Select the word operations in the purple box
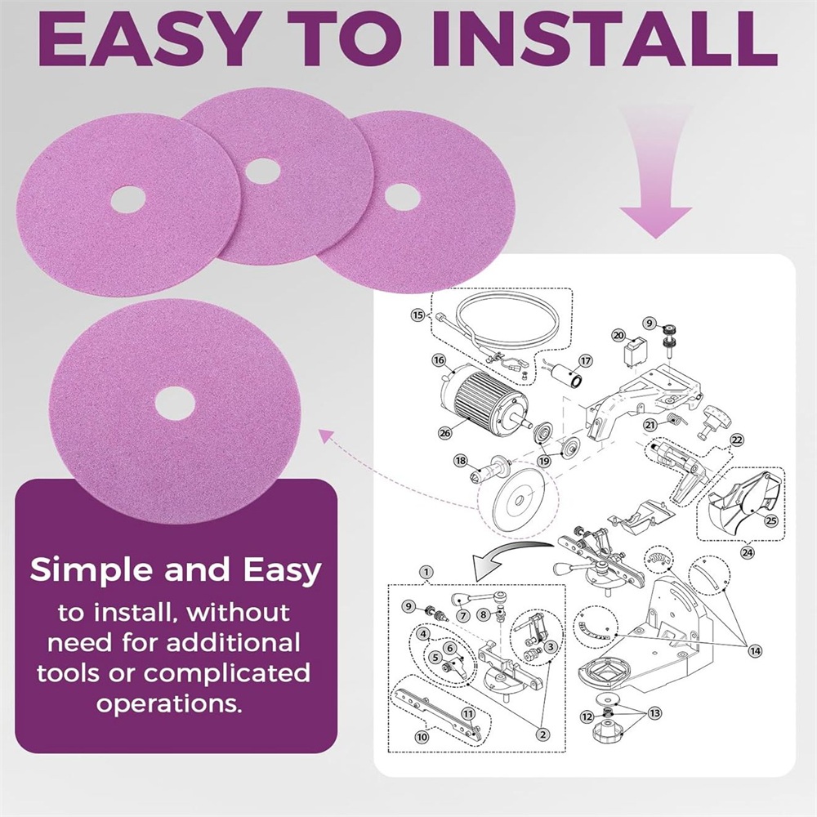[x=169, y=704]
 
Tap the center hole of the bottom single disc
[x=175, y=404]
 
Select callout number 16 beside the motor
[x=440, y=360]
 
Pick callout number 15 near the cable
[x=417, y=315]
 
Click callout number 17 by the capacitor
[x=586, y=360]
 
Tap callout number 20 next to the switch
[x=618, y=335]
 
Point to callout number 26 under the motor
[x=444, y=432]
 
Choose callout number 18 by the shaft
[x=461, y=461]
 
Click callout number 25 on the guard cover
[x=770, y=520]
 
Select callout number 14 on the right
[x=755, y=650]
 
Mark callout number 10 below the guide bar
[x=422, y=737]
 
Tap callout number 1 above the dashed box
[x=426, y=572]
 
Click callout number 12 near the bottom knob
[x=587, y=717]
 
